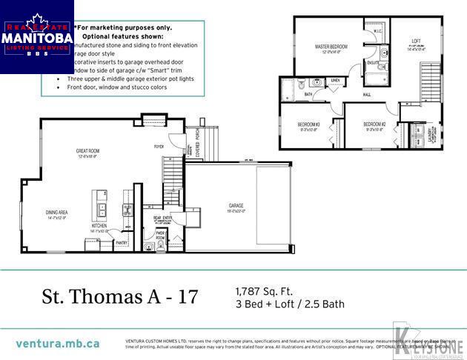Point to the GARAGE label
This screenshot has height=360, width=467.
pyautogui.click(x=236, y=205)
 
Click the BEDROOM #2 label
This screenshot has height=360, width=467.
pyautogui.click(x=374, y=124)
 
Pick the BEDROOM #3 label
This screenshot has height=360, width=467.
pyautogui.click(x=308, y=124)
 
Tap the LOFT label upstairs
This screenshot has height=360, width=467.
pyautogui.click(x=416, y=42)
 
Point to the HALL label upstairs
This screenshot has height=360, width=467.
pyautogui.click(x=367, y=95)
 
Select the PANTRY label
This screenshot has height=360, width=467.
pyautogui.click(x=122, y=241)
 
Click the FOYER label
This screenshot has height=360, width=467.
pyautogui.click(x=159, y=147)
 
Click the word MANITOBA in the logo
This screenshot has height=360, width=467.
pyautogui.click(x=37, y=36)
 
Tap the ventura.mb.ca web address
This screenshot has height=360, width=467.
pyautogui.click(x=57, y=344)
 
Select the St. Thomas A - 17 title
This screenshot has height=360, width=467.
pyautogui.click(x=120, y=297)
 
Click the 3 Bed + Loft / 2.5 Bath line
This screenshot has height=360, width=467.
pyautogui.click(x=290, y=304)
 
